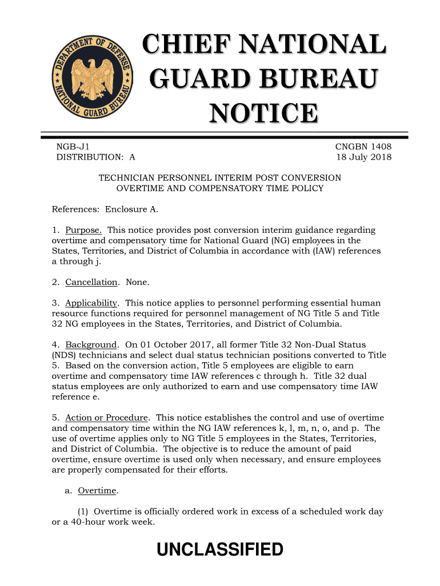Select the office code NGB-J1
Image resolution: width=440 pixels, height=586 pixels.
click(73, 147)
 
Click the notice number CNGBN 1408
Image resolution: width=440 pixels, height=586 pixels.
click(363, 147)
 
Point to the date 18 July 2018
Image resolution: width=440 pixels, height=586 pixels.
click(363, 157)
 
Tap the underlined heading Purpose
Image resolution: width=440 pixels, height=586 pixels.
click(84, 230)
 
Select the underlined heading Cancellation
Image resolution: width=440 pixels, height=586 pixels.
click(91, 282)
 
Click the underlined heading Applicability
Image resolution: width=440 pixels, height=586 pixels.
click(91, 303)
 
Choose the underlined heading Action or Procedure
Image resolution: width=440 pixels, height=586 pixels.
click(107, 418)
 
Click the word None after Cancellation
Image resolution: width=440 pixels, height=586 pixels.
click(137, 282)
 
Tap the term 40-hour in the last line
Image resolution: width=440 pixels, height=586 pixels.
click(90, 522)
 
